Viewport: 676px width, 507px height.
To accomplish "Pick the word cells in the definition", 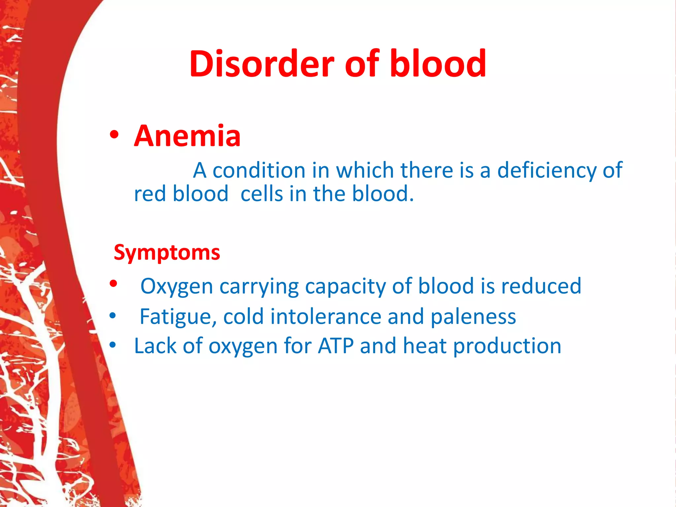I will tap(261, 194).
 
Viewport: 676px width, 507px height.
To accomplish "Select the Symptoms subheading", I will tap(167, 253).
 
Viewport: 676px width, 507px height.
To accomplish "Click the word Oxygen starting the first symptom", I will tap(177, 286).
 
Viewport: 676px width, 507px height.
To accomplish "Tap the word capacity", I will tap(345, 286).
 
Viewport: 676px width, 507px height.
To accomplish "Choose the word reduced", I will tap(541, 286).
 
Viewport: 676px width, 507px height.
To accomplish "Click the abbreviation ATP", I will tap(335, 346).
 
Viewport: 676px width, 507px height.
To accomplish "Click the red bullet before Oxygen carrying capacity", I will tap(114, 284).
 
